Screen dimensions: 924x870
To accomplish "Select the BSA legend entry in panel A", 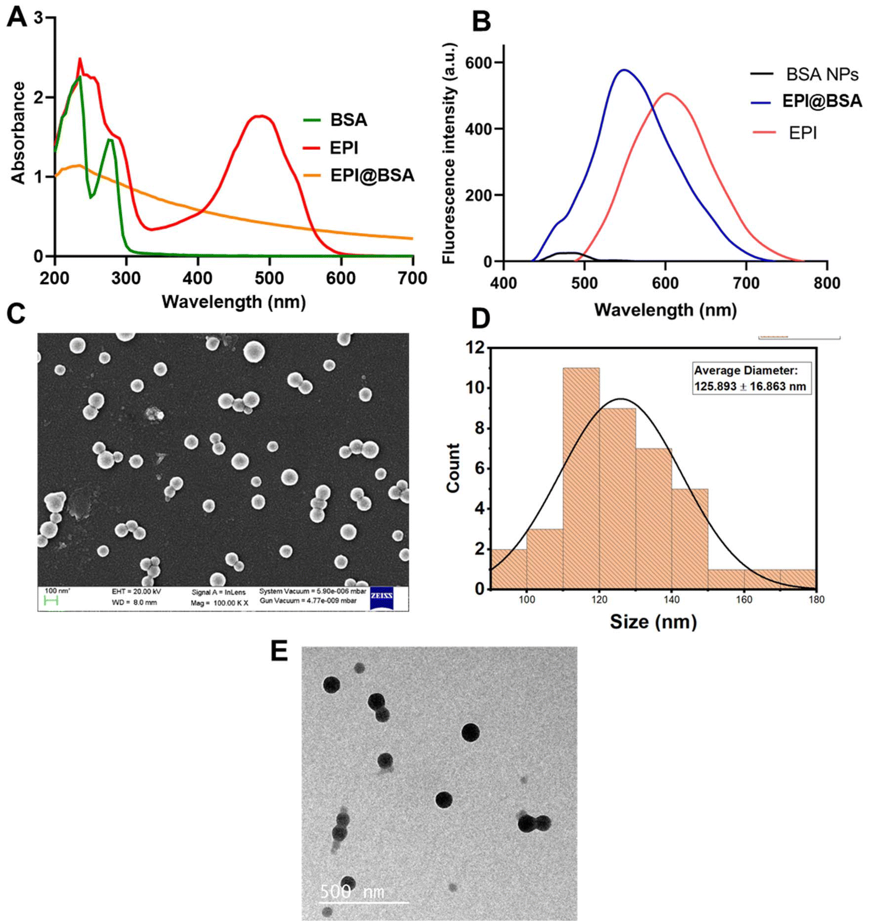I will point(348,120).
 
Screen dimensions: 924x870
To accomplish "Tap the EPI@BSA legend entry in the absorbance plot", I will point(371,175).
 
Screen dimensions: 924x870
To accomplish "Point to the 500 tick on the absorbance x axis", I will point(269,277).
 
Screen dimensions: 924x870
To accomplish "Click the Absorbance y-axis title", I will point(18,133).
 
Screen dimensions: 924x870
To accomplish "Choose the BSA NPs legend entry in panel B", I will point(821,74).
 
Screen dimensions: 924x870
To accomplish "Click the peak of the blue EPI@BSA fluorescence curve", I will point(624,70).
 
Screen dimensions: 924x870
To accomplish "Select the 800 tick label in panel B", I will point(826,283).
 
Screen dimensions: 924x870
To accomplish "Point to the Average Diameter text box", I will point(751,378).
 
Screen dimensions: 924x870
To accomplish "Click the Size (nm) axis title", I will point(653,622).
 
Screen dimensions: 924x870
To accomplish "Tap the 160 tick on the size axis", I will point(744,600).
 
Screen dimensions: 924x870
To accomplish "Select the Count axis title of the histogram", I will point(453,468).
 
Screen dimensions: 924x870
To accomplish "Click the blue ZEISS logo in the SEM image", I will point(382,598).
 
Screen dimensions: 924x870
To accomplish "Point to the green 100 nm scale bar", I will point(51,601).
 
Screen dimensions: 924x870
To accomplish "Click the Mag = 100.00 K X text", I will point(219,603).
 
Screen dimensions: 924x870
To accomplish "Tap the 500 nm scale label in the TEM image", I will point(352,891).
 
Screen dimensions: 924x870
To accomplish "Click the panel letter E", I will point(279,651).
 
